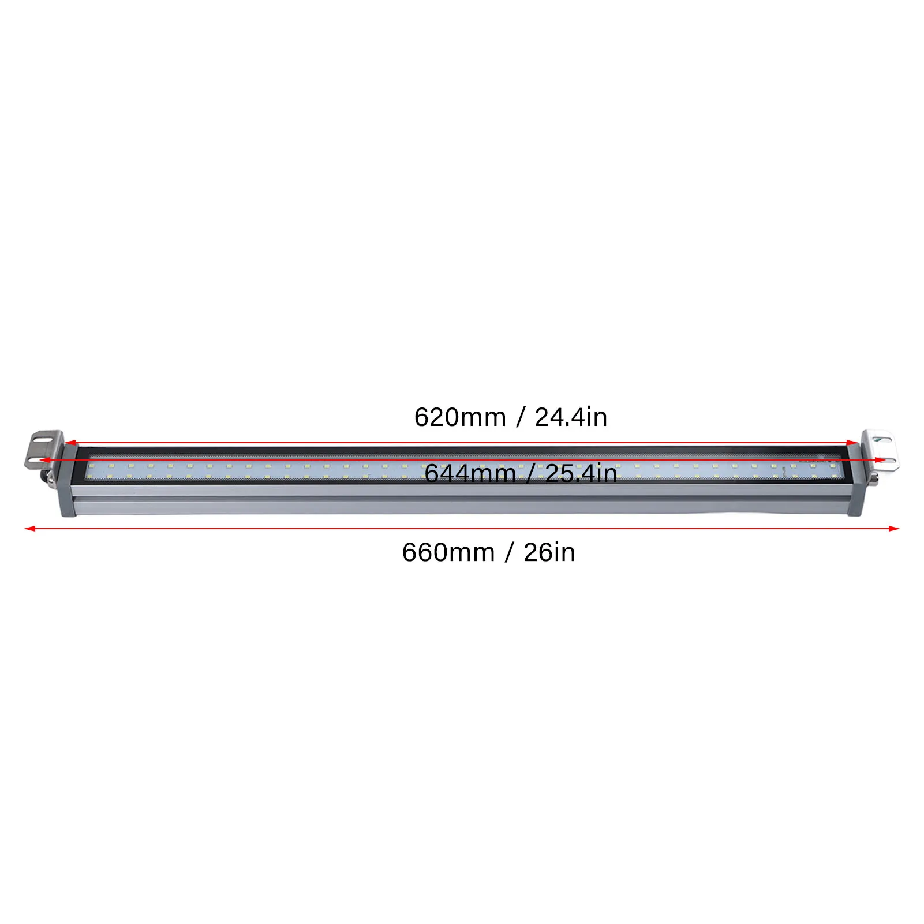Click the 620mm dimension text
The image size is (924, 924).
click(x=460, y=417)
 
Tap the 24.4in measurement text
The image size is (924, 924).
click(x=571, y=417)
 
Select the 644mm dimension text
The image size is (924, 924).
click(x=470, y=474)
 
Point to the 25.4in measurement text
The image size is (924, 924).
click(x=581, y=474)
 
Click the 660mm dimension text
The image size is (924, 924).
click(x=448, y=553)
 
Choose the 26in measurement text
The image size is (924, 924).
click(x=549, y=553)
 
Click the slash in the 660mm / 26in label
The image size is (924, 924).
click(x=509, y=553)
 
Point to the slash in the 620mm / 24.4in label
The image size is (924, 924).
click(x=521, y=417)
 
